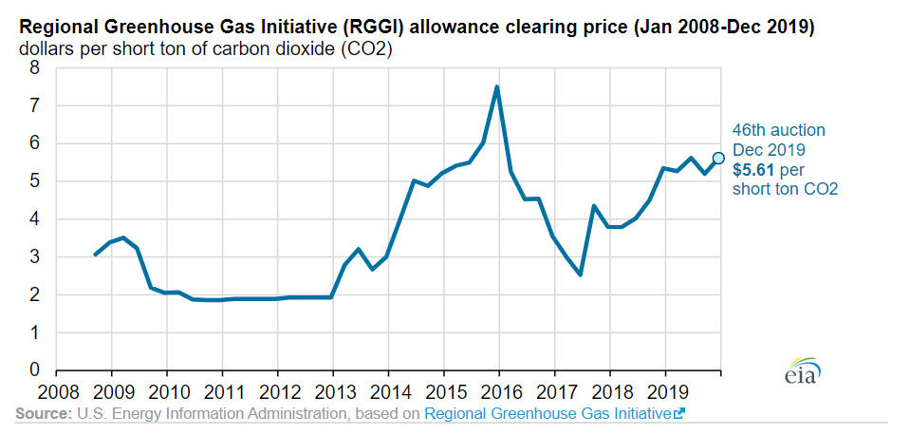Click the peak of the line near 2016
[497, 86]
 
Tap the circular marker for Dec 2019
[718, 158]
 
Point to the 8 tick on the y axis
[34, 68]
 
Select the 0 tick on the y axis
[34, 370]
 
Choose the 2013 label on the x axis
[333, 389]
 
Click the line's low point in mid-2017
[581, 274]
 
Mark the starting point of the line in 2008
[95, 255]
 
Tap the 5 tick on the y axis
[34, 181]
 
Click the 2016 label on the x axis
[498, 389]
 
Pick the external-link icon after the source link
[678, 414]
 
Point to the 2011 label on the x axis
[222, 389]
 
